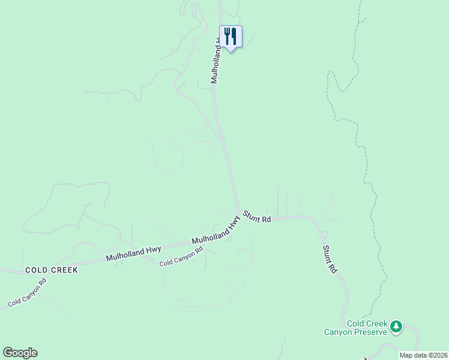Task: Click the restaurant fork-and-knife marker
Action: (x=231, y=37)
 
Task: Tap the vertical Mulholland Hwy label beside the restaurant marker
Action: (x=216, y=60)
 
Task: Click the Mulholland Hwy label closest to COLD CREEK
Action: (x=134, y=253)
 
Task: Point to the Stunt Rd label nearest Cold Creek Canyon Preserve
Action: (x=330, y=260)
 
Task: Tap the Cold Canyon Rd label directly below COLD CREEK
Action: (x=27, y=293)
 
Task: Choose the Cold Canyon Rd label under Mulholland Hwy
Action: (x=181, y=259)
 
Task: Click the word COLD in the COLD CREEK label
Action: (x=36, y=271)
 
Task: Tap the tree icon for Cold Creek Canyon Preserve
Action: (x=396, y=327)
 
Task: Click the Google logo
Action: (x=20, y=353)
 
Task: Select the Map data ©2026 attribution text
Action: (x=423, y=355)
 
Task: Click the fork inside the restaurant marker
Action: (x=227, y=37)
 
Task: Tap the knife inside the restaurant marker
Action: (x=234, y=37)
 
